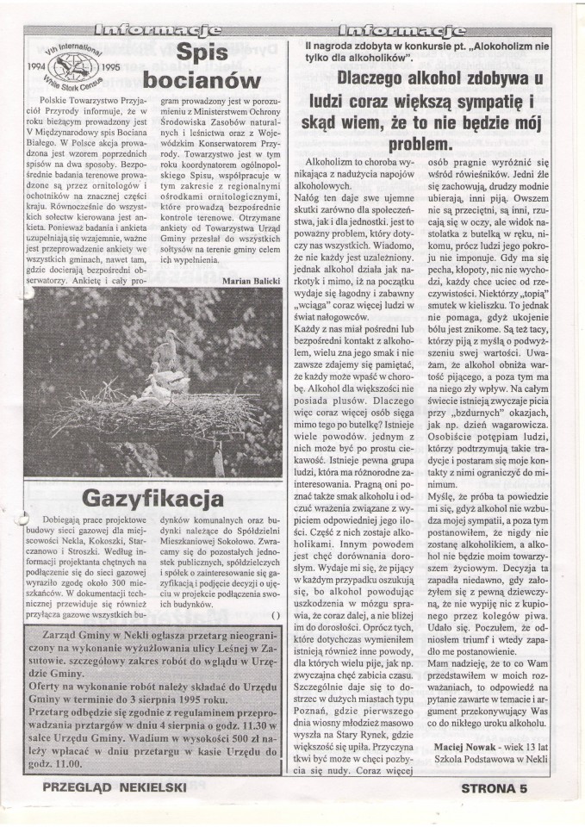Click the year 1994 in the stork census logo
click(41, 65)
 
